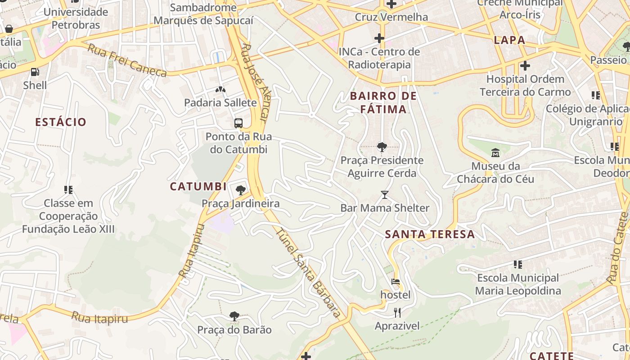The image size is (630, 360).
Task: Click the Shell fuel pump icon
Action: tap(35, 72)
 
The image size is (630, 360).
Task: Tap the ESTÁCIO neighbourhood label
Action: tap(61, 122)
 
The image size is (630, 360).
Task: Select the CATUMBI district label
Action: tap(198, 186)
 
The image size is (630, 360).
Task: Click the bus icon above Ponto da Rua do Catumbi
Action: tap(238, 123)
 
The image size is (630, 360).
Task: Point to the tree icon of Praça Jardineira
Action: tap(241, 190)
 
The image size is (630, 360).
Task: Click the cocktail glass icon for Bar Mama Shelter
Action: tap(385, 194)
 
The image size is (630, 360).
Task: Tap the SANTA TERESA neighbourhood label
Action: tap(430, 234)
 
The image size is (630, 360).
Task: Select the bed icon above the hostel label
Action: tap(396, 282)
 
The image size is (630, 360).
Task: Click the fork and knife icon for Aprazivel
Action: tap(397, 312)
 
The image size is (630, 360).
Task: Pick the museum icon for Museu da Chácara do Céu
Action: tap(495, 153)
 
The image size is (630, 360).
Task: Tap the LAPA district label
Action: tap(509, 40)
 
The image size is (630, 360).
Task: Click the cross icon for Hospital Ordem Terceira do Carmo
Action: tap(525, 66)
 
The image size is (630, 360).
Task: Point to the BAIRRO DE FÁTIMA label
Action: tap(383, 103)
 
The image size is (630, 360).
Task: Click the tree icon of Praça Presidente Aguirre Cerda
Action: tap(382, 146)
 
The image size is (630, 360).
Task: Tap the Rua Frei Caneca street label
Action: tap(126, 60)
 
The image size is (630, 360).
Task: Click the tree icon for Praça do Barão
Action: tap(234, 316)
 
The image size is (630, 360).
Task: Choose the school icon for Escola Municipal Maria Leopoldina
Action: tap(518, 264)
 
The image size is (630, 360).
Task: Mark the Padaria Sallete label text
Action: tap(220, 103)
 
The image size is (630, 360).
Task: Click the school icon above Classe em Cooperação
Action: tap(68, 190)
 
